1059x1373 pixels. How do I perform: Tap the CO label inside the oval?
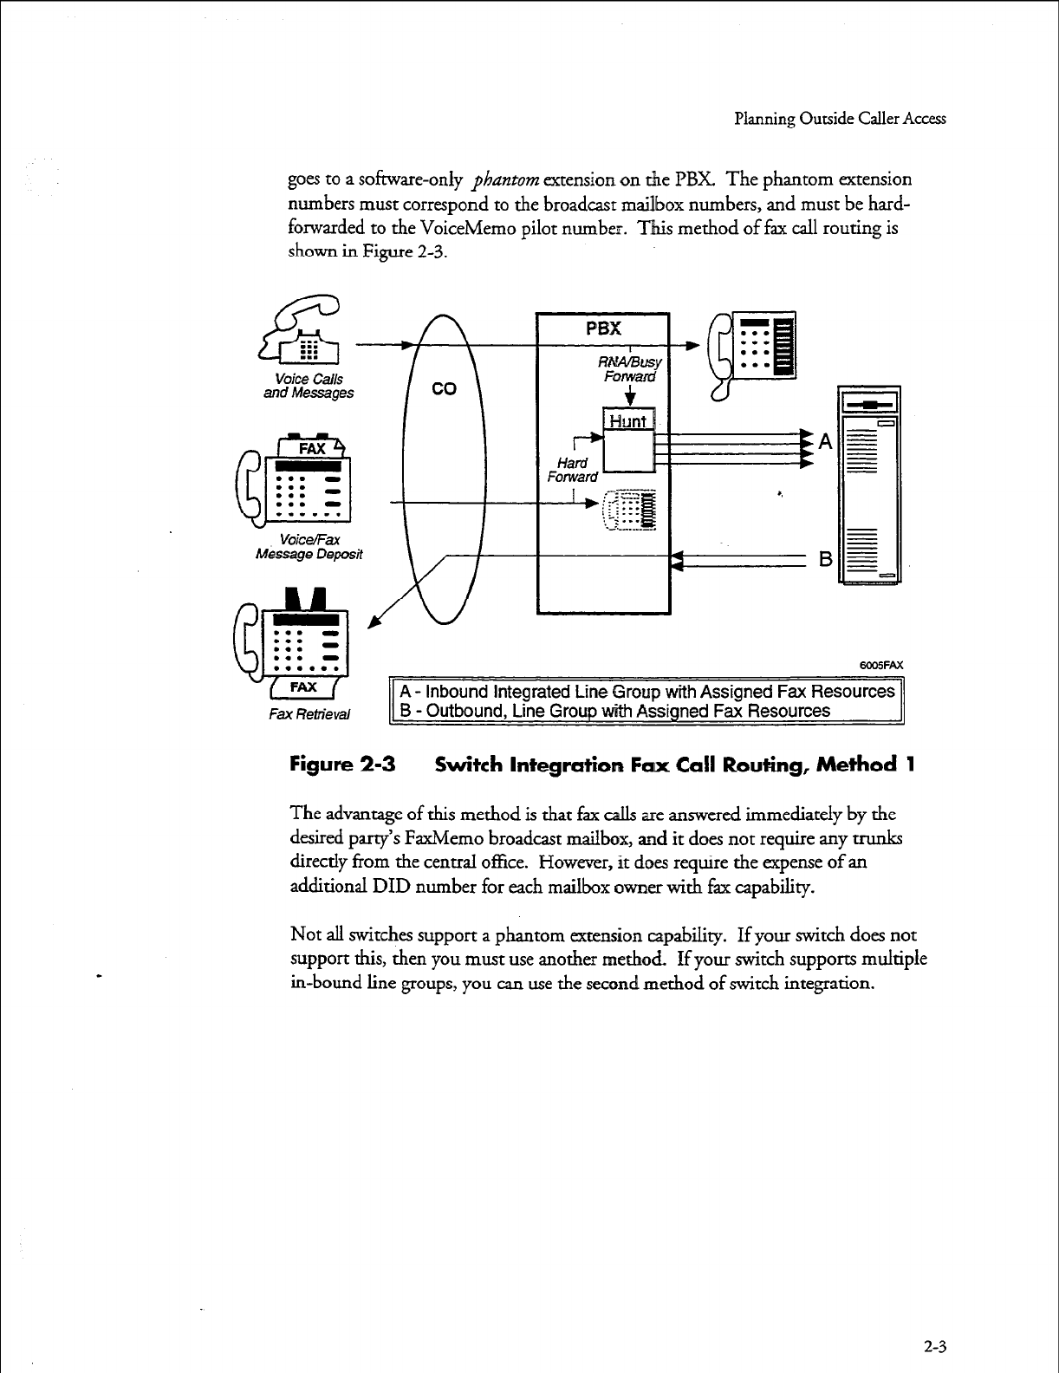click(x=444, y=389)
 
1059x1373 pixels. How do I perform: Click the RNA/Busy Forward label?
click(x=631, y=370)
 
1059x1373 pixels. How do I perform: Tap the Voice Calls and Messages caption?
click(x=309, y=386)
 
